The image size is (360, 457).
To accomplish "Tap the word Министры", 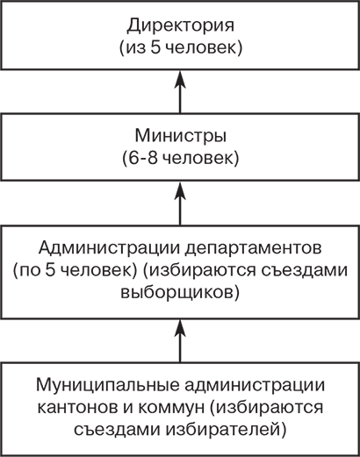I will tap(179, 138).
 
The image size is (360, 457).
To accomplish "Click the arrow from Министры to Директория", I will tap(179, 93).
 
